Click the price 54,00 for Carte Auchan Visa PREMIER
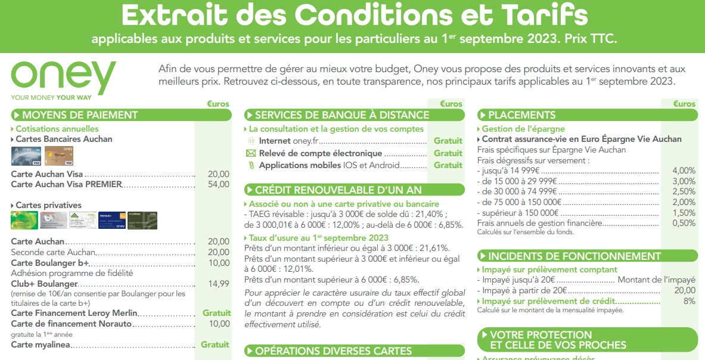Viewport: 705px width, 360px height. point(218,184)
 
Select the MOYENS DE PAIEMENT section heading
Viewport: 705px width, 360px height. point(80,115)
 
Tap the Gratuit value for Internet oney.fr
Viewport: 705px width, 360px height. point(448,141)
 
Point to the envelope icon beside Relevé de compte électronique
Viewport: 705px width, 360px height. point(251,153)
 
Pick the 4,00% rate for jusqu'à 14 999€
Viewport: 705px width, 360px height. point(684,171)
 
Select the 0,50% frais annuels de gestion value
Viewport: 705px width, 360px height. point(684,223)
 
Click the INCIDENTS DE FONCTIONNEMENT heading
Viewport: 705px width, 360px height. point(574,256)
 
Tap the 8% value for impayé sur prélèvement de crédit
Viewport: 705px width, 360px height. point(689,301)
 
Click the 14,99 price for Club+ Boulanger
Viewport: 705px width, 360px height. point(218,284)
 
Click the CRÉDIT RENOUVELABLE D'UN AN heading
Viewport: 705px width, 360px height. point(338,190)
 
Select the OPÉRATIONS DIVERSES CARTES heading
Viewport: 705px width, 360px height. point(333,351)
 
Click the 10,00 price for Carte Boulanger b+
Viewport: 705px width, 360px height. point(218,263)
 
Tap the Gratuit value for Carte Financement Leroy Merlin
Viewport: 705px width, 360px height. point(216,313)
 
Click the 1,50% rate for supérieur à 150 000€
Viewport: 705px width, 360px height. point(684,213)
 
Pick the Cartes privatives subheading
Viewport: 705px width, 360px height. point(48,205)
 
